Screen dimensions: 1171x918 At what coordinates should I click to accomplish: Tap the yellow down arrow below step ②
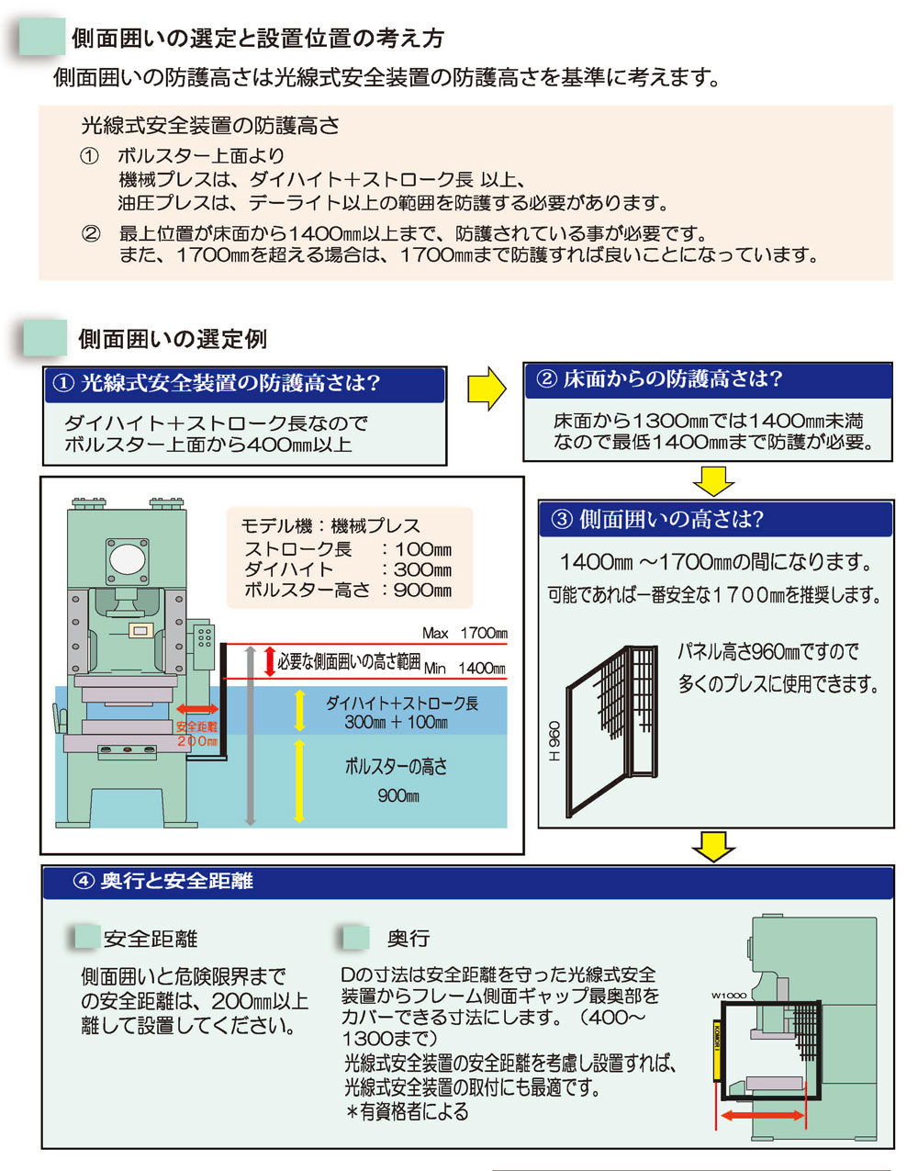click(712, 480)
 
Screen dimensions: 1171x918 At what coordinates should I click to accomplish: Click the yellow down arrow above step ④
click(712, 847)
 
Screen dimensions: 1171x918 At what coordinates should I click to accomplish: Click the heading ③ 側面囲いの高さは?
click(658, 520)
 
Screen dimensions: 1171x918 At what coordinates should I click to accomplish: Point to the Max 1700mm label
click(465, 633)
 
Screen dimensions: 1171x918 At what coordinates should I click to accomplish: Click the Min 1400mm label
click(465, 669)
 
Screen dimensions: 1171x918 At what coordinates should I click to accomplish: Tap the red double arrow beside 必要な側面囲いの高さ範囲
click(269, 660)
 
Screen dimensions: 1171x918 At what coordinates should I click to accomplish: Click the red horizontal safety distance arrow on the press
click(196, 709)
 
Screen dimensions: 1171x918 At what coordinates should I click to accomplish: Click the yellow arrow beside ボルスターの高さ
click(299, 780)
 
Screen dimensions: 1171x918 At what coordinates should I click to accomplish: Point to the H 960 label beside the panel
click(554, 740)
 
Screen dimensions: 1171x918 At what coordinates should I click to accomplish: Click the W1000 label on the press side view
click(728, 996)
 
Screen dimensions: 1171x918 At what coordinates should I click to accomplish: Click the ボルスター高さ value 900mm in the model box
click(422, 591)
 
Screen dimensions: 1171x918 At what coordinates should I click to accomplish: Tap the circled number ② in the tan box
click(90, 233)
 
